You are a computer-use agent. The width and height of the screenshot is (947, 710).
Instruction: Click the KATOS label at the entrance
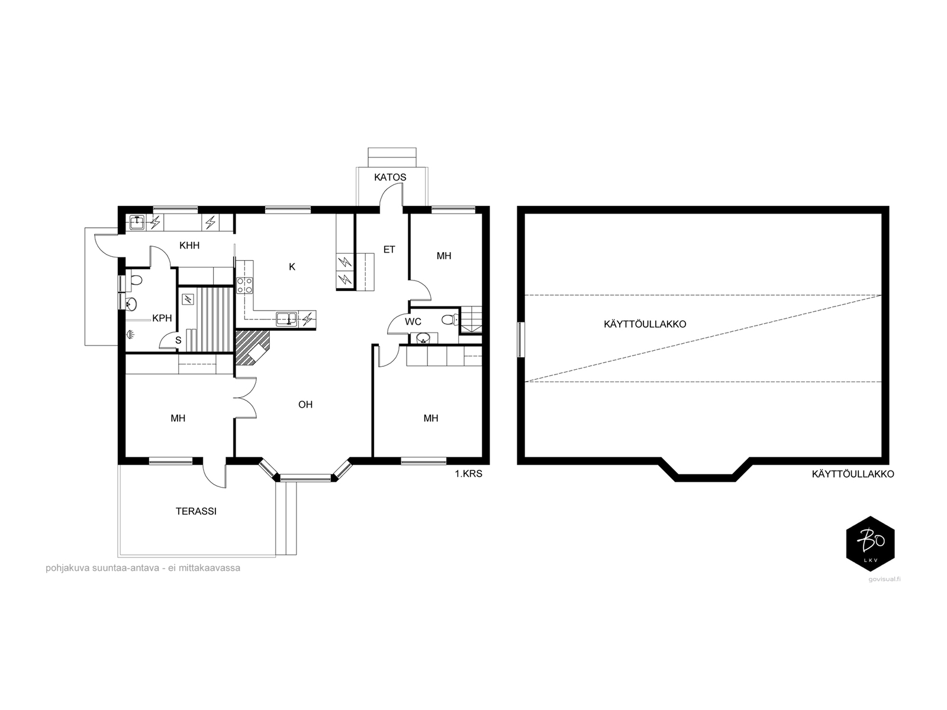pos(389,177)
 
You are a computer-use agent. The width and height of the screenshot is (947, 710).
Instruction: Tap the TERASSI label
pos(196,511)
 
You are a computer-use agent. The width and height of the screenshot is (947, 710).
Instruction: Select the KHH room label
pos(189,246)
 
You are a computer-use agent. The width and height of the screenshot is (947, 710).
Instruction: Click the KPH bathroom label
pos(162,318)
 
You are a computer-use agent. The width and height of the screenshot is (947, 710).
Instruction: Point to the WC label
pos(413,322)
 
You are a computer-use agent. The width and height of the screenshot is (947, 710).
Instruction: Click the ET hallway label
pos(389,249)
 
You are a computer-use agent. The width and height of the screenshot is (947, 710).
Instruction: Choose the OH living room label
pos(305,404)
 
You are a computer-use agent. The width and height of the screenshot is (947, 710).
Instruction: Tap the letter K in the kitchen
pos(292,267)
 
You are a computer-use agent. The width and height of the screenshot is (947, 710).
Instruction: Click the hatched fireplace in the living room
pos(252,347)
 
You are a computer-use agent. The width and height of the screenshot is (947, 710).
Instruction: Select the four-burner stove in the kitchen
pos(245,285)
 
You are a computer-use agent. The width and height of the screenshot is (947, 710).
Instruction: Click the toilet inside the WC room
pos(450,320)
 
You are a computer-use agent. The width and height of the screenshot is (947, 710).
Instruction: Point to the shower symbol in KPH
pos(130,334)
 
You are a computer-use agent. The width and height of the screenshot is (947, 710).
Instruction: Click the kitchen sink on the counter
pos(286,319)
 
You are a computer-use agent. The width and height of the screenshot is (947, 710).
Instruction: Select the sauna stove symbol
pos(188,299)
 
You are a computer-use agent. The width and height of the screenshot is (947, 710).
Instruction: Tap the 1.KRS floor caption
pos(469,474)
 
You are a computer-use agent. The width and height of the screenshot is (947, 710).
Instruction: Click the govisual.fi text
pos(884,579)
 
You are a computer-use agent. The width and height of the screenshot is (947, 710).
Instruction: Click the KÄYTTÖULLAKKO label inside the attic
pos(645,324)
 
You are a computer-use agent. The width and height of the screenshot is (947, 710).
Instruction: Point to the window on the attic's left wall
pos(521,340)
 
